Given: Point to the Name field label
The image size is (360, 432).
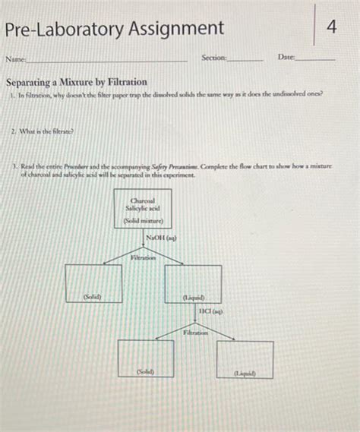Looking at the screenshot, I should (15, 58).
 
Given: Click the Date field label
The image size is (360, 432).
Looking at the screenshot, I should (286, 58).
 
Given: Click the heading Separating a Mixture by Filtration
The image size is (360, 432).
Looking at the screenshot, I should (76, 81).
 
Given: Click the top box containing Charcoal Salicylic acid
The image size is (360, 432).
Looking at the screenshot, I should (143, 208).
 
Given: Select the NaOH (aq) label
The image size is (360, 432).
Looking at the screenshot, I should (161, 238).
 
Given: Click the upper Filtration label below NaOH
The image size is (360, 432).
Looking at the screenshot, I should (143, 258).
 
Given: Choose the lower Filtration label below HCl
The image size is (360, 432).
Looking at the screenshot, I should (196, 333).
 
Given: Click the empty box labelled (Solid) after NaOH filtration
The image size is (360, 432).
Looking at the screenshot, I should (92, 282).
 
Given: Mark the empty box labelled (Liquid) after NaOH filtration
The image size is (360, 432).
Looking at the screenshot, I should (193, 282).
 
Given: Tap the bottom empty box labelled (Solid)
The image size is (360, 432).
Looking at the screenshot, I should (145, 358).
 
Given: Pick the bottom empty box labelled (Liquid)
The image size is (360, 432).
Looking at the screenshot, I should (245, 358).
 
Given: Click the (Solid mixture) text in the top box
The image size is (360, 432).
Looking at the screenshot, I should (143, 221).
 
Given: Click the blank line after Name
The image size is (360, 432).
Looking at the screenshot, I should (106, 60).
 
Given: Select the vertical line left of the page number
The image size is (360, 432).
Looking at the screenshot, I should (313, 26).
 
